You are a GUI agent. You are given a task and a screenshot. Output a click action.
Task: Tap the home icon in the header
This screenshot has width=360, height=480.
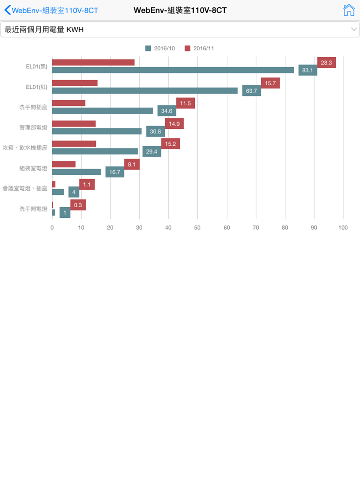click(348, 10)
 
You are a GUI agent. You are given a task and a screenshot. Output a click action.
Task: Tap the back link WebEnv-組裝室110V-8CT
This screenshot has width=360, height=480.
click(51, 10)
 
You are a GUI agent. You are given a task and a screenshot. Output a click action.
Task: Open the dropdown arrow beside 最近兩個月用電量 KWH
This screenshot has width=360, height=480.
click(354, 30)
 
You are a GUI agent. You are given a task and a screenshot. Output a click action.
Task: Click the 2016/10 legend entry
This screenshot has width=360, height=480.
click(160, 48)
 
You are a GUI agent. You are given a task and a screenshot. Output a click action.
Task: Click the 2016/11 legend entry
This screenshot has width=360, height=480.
click(199, 48)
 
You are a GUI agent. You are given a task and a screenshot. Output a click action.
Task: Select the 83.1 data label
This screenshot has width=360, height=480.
click(307, 70)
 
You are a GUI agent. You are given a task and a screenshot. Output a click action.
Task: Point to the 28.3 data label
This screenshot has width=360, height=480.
click(326, 63)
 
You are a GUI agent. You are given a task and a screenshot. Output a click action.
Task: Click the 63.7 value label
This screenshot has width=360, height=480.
click(251, 91)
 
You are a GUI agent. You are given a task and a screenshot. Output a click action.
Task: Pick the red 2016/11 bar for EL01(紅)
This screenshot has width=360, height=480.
click(75, 83)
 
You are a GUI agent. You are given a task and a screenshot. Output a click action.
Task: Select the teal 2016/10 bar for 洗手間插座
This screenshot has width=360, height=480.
click(102, 111)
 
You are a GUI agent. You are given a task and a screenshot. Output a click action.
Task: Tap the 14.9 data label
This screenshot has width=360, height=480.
click(174, 124)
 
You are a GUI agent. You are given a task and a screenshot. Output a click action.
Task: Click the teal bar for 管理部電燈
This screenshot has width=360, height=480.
click(97, 131)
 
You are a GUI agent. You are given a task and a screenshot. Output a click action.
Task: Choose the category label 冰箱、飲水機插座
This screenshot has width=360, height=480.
click(25, 148)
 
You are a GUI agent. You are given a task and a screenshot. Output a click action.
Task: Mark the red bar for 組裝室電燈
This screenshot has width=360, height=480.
click(64, 164)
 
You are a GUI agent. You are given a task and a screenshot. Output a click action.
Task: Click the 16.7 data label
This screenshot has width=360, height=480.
click(114, 172)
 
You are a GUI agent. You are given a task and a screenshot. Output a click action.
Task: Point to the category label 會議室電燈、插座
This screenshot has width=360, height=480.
click(25, 188)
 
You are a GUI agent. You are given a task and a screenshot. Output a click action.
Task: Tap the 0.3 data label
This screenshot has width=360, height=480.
click(78, 205)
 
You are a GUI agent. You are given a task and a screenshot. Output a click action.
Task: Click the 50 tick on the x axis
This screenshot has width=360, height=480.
click(197, 227)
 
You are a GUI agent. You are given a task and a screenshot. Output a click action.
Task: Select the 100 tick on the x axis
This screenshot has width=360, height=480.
click(343, 227)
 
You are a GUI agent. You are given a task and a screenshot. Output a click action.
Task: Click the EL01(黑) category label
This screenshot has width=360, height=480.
click(36, 67)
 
